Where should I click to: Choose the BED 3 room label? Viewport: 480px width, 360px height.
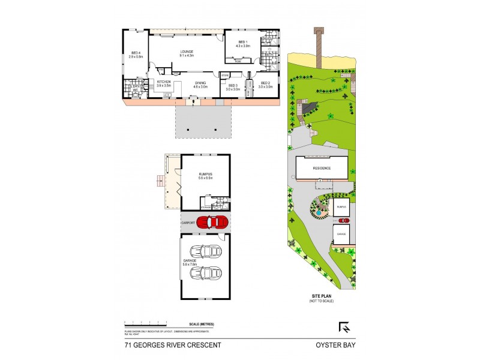coord(233,85)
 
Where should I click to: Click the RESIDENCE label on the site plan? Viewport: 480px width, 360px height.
coord(321,168)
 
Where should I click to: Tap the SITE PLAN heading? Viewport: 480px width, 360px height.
coord(321,296)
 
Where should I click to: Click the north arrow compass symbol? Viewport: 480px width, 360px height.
coord(345,327)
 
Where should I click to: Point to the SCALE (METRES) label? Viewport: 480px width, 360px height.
coord(201,325)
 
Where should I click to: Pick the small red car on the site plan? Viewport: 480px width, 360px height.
coord(349,220)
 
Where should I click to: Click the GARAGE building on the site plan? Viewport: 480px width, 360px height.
coord(341,235)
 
